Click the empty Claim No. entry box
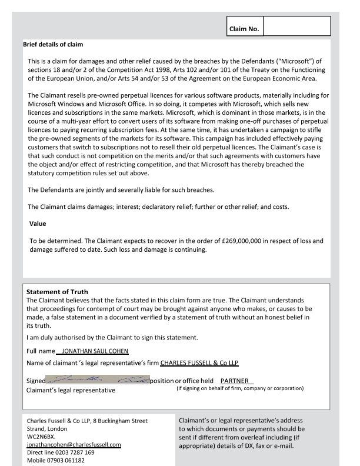pos(297,26)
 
